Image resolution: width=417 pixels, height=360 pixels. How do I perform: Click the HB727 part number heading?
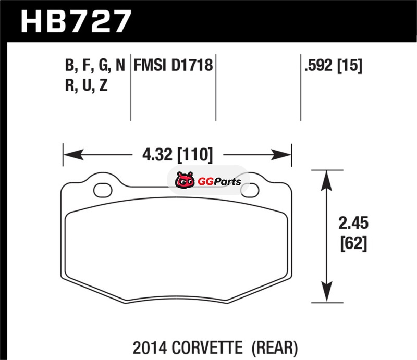click(76, 21)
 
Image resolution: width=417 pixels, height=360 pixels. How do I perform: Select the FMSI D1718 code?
click(173, 65)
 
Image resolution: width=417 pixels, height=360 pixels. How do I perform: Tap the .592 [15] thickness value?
click(333, 65)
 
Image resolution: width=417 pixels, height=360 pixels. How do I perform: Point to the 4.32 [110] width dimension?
click(178, 155)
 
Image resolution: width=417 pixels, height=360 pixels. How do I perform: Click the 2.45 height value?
click(353, 223)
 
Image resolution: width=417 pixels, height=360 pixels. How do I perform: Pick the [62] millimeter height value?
click(354, 243)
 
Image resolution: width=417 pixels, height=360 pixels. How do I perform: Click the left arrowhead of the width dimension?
click(73, 155)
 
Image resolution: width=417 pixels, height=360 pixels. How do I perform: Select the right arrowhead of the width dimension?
click(281, 155)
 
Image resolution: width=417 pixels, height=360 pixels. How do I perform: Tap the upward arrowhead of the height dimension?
click(327, 181)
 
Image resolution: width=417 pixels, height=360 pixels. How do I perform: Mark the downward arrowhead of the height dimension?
click(327, 292)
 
